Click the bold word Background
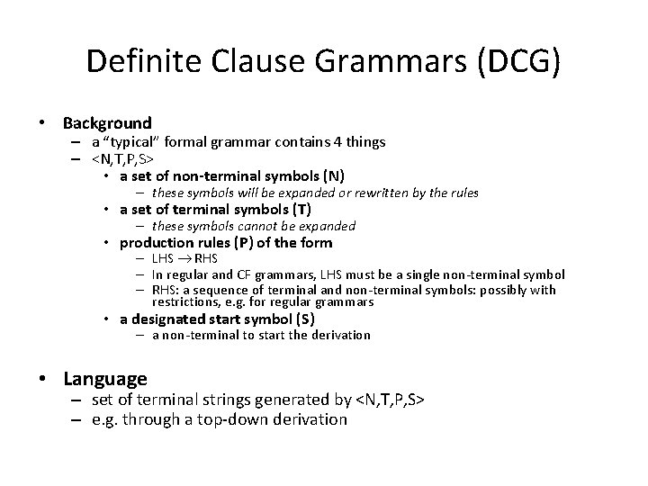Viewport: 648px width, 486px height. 108,122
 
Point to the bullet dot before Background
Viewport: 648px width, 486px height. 45,123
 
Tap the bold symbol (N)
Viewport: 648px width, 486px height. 333,175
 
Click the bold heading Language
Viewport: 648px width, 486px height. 105,379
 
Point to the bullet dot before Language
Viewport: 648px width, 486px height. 45,380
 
